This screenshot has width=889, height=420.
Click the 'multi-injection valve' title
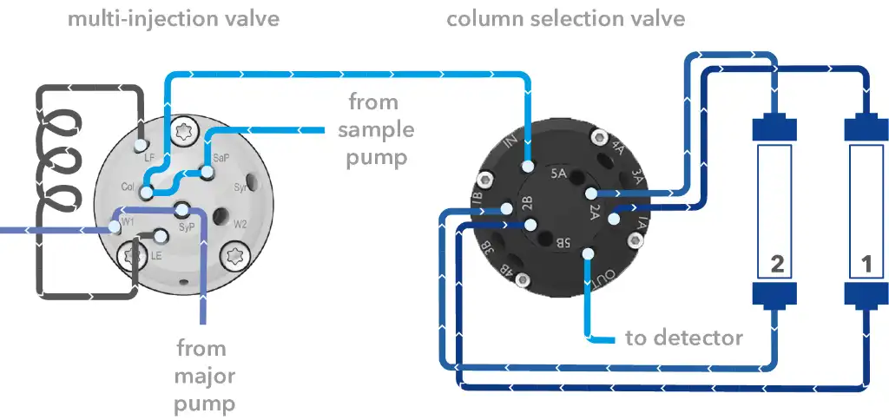coord(174,18)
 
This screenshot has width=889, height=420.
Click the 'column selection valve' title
coord(565,18)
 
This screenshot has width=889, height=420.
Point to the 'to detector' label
coord(684,338)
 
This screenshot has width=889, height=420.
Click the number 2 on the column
coord(777,265)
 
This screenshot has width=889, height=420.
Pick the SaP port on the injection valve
coord(207,173)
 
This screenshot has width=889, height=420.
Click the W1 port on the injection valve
coord(114,227)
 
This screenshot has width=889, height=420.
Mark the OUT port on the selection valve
coord(589,253)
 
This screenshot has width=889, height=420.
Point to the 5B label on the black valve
coord(563,244)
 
